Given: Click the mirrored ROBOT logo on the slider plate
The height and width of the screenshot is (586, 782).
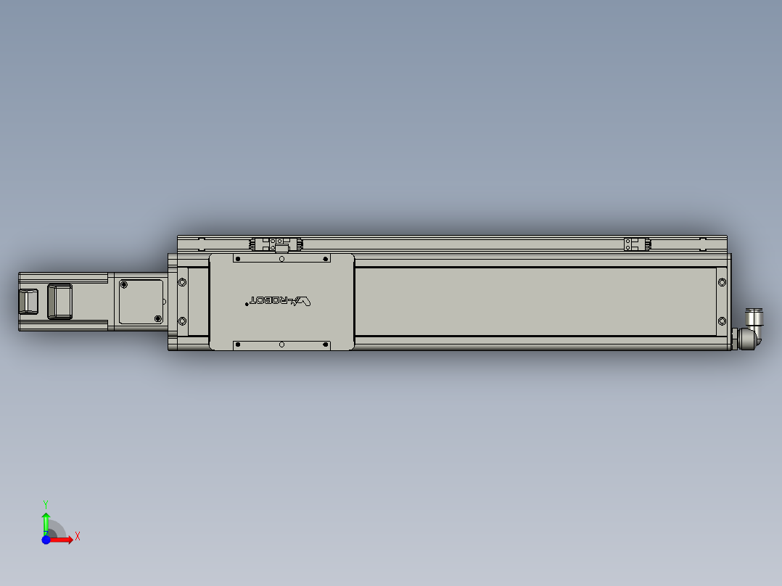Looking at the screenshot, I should pyautogui.click(x=280, y=300).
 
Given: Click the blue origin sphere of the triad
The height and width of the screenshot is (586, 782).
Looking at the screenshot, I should pyautogui.click(x=46, y=540).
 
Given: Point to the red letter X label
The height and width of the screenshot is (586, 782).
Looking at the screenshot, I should pyautogui.click(x=78, y=537).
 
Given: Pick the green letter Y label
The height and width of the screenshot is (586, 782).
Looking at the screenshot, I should pyautogui.click(x=46, y=503).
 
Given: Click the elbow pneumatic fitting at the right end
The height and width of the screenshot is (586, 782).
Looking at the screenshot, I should pyautogui.click(x=749, y=330).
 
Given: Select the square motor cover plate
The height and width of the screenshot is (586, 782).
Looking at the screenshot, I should pyautogui.click(x=141, y=301).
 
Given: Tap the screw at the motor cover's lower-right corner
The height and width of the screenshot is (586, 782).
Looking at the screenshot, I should pyautogui.click(x=158, y=318).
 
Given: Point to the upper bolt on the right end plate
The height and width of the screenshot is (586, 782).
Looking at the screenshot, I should pyautogui.click(x=721, y=281).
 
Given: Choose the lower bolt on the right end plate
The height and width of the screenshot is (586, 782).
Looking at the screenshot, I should pyautogui.click(x=721, y=321).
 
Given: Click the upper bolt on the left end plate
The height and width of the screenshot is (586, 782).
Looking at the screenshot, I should pyautogui.click(x=182, y=281).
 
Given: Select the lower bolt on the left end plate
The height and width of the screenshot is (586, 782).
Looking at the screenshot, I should pyautogui.click(x=182, y=321).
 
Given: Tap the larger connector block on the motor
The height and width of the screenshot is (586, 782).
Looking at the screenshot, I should pyautogui.click(x=59, y=301).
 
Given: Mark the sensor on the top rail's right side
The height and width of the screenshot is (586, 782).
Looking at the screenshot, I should pyautogui.click(x=637, y=245).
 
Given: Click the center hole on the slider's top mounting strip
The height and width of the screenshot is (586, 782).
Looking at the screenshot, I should pyautogui.click(x=281, y=258).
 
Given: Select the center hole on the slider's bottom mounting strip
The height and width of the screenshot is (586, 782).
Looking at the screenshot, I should pyautogui.click(x=281, y=344).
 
